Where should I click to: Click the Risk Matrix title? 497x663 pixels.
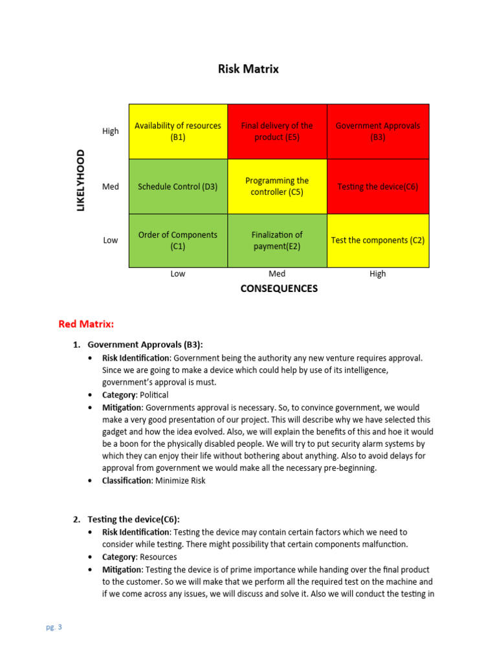[248, 69]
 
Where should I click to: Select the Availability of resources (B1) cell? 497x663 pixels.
[178, 131]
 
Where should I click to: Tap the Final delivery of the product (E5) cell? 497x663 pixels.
[277, 131]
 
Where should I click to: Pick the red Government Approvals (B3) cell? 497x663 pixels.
[378, 131]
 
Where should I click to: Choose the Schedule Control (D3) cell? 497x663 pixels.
[178, 186]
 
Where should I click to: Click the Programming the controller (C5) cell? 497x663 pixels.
[277, 186]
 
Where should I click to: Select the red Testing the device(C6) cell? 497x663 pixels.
[378, 186]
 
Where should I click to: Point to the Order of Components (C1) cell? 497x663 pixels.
[178, 240]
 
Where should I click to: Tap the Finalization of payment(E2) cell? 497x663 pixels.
[277, 240]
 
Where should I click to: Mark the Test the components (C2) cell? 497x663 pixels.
[378, 240]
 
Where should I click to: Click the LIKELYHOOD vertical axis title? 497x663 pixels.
[81, 180]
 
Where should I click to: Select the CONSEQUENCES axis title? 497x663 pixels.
[279, 289]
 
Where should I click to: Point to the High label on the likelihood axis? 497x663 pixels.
[111, 131]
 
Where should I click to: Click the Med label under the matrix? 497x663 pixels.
[277, 274]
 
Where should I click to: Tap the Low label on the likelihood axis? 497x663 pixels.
[111, 240]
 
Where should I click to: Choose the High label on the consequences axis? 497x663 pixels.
[378, 274]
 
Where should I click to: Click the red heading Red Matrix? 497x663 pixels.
[86, 324]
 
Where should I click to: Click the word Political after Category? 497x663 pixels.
[154, 394]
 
